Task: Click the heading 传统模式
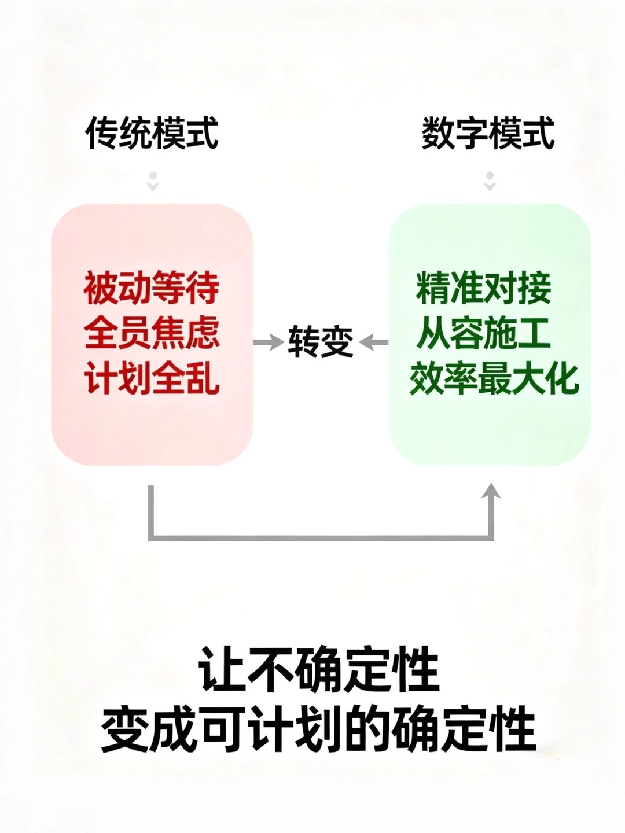coord(152,133)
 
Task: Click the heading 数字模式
coord(488,133)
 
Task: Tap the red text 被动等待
coord(152,288)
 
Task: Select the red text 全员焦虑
coord(152,333)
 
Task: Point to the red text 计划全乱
coord(152,378)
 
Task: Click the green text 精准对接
coord(484,288)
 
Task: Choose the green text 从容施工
coord(484,333)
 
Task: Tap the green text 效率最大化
coord(494,378)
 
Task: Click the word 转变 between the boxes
coord(320,341)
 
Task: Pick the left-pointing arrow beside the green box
coord(374,342)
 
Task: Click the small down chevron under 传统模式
coord(152,182)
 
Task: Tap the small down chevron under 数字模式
coord(490,182)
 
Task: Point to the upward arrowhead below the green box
coord(491,492)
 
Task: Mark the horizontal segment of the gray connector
coord(321,537)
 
